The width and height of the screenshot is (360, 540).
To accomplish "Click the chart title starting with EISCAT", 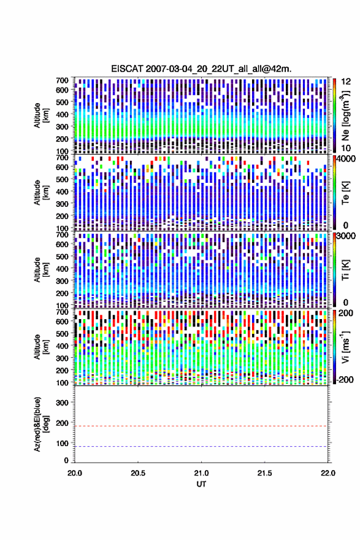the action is [201, 69].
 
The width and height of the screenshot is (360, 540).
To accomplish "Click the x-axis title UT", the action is [201, 484].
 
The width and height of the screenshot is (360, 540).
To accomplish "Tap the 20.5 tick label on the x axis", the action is [137, 473].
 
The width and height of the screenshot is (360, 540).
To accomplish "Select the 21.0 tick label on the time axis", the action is [201, 473].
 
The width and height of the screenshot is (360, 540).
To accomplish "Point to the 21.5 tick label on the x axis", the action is [264, 473].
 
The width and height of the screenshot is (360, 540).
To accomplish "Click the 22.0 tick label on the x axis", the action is [327, 473].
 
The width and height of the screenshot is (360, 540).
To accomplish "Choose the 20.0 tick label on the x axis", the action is [75, 473].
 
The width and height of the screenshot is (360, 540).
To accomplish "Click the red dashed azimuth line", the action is [201, 426].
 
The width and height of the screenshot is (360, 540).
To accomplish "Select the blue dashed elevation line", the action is [201, 446].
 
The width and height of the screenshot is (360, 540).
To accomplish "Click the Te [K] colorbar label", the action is [345, 193].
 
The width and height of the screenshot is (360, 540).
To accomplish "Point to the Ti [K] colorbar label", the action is [345, 269].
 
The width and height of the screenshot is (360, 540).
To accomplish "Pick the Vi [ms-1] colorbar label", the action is [345, 347].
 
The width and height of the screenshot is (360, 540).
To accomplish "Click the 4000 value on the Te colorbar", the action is [347, 158].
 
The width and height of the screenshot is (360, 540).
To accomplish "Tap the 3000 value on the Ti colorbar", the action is [347, 236].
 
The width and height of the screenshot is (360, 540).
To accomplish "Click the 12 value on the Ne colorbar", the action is [346, 81].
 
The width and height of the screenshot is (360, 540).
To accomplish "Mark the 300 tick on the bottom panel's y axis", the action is [63, 403].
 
